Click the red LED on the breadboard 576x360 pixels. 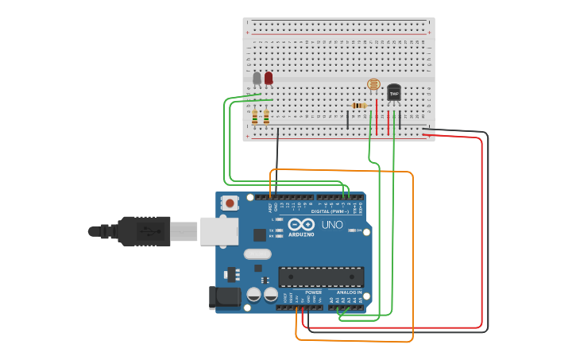(x=269, y=77)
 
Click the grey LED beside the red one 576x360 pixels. (x=257, y=78)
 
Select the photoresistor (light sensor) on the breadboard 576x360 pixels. (x=373, y=84)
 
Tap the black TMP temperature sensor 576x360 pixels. (x=393, y=93)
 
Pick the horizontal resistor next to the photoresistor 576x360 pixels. (x=359, y=105)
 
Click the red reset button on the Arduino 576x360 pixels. (x=230, y=203)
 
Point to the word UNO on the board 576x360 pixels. (x=331, y=225)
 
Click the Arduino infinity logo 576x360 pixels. (x=301, y=224)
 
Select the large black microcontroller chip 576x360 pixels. (x=321, y=277)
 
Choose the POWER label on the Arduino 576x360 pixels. (x=313, y=292)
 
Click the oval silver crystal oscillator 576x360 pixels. (x=257, y=254)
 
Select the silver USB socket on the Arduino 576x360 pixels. (x=218, y=230)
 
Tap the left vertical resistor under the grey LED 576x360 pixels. (x=254, y=118)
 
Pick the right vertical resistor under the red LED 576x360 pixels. (x=266, y=118)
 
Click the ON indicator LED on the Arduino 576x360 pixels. (x=350, y=230)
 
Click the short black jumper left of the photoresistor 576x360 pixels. (x=347, y=120)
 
